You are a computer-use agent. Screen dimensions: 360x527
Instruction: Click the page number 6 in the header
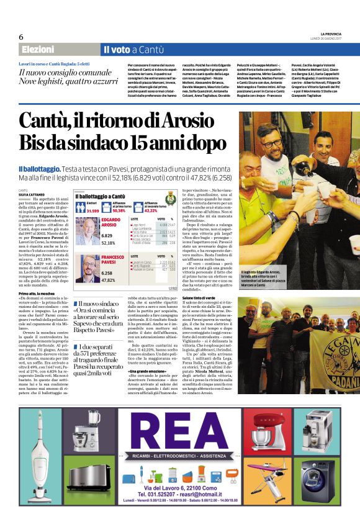21,37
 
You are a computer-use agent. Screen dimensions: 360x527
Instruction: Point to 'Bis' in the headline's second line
36,144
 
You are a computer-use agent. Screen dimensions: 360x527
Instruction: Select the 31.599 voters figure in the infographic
91,211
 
